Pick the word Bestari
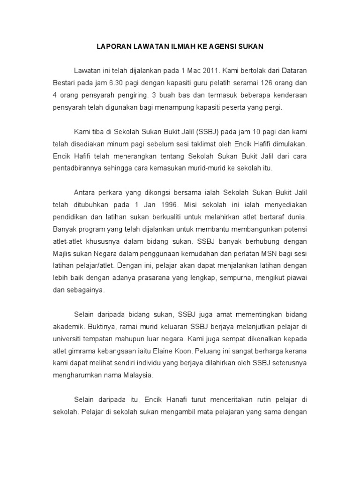click(x=65, y=83)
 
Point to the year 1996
click(x=168, y=205)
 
